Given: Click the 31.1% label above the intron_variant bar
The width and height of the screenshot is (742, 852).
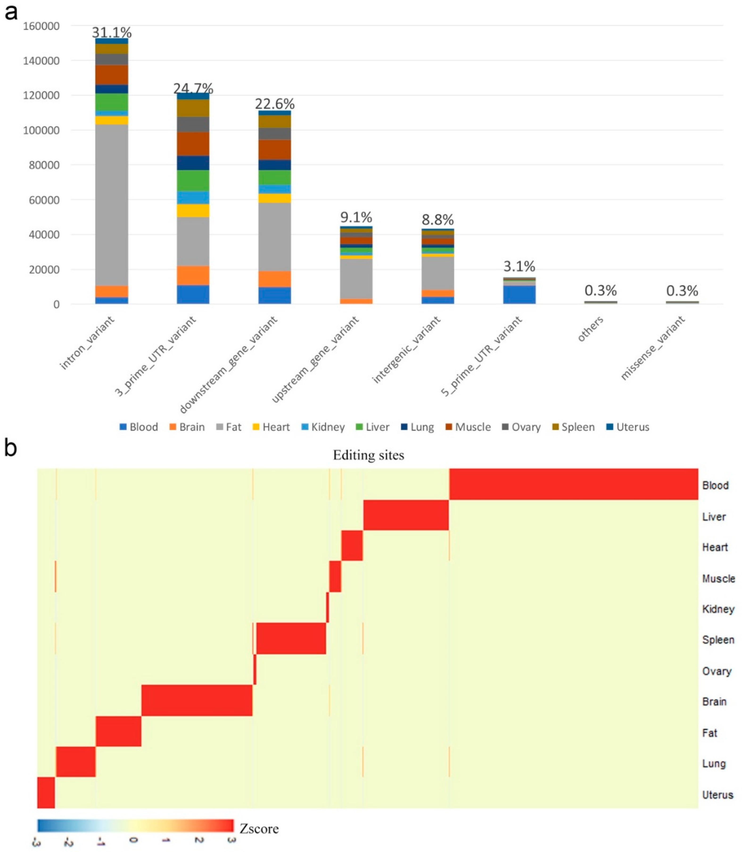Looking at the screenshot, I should [x=111, y=32].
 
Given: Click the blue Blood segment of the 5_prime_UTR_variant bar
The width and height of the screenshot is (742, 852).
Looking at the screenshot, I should [x=519, y=295].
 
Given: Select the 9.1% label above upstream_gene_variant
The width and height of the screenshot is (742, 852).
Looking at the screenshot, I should [x=356, y=217].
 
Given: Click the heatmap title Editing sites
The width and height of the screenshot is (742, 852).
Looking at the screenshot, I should [x=368, y=455].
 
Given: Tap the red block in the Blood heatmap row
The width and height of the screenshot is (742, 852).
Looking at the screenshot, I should [x=573, y=484].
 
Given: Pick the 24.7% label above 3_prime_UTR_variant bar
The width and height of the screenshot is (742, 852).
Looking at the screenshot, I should [x=193, y=88].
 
